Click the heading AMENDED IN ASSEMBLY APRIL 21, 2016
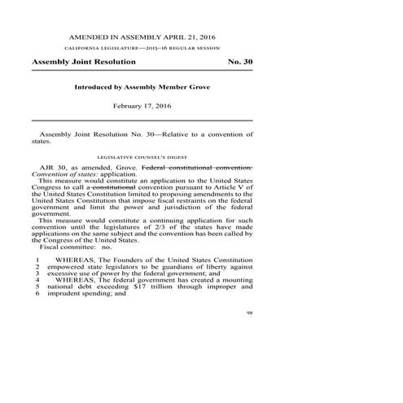point(142,37)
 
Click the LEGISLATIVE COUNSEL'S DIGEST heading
point(142,156)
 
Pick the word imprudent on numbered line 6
point(66,294)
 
